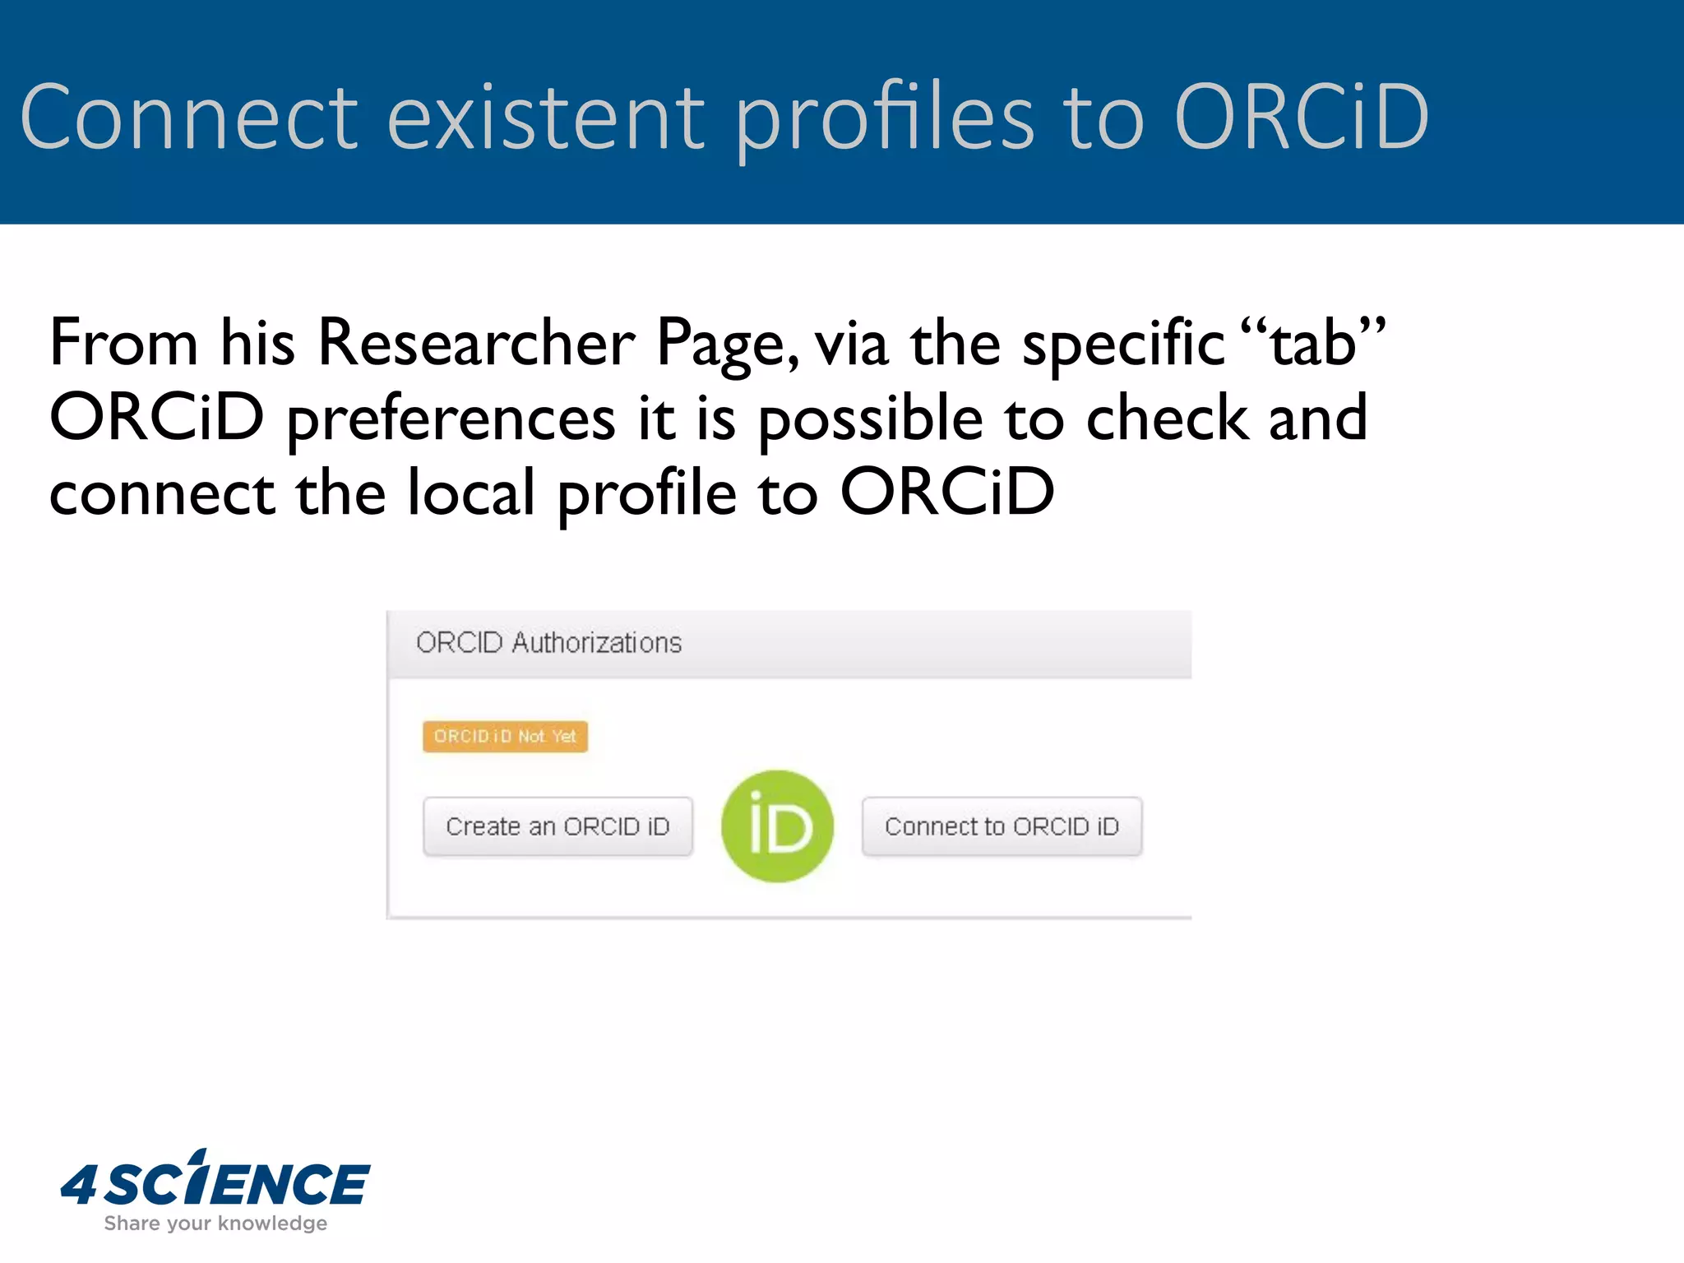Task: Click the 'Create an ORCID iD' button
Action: pos(557,826)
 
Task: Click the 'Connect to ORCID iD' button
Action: pos(1002,826)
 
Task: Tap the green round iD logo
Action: pos(777,826)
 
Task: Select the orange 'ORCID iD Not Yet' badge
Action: pos(505,736)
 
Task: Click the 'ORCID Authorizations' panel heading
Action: pos(548,642)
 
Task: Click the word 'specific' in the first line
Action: pos(1123,343)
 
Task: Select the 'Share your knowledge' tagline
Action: pos(215,1224)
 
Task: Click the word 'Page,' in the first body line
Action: pos(727,343)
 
